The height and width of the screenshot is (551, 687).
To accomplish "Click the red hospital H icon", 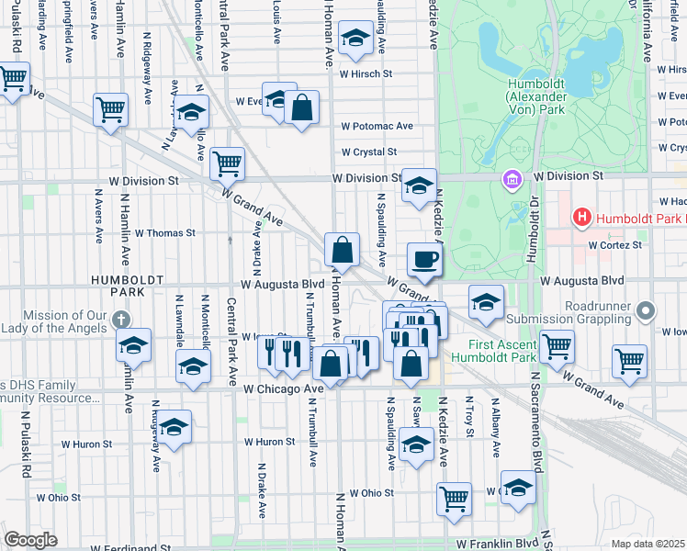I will (x=580, y=218).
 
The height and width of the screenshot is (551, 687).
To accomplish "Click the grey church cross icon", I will (x=119, y=320).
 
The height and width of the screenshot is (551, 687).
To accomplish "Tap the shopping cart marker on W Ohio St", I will (x=454, y=499).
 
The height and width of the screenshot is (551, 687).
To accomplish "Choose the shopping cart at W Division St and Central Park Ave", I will (x=227, y=163).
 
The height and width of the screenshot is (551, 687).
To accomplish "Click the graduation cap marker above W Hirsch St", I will (x=355, y=39).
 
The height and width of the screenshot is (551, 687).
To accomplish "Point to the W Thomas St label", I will (x=165, y=233).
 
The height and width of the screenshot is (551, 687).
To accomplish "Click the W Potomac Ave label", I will (x=377, y=126).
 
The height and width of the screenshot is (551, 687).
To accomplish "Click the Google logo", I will (x=31, y=540).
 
